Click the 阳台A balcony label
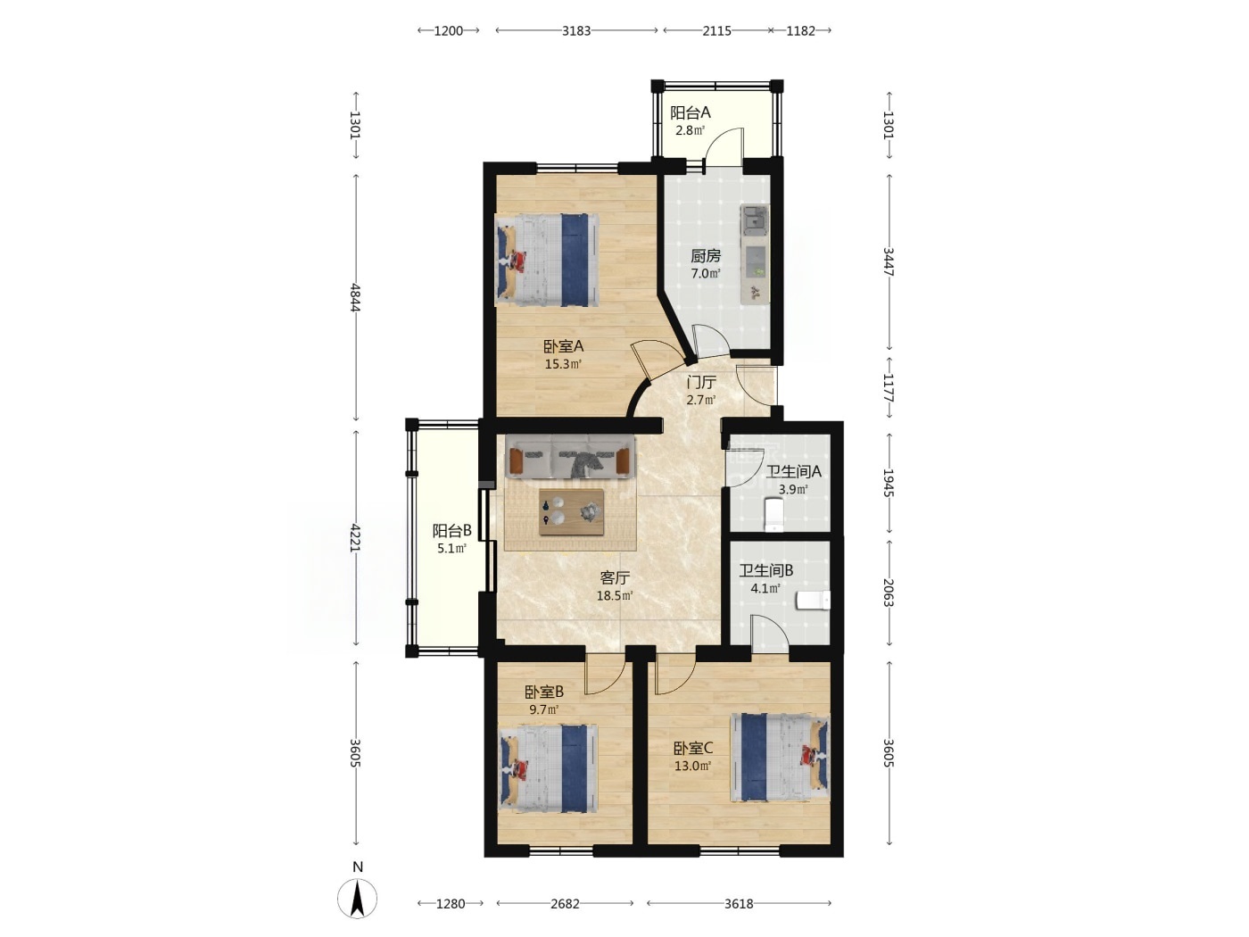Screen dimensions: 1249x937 (x=690, y=112)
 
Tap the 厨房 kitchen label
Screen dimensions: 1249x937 (x=706, y=256)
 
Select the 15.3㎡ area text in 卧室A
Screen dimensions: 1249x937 (x=563, y=364)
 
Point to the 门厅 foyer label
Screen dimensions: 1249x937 (x=701, y=382)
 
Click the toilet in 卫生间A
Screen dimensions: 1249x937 (x=773, y=514)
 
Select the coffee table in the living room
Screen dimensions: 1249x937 (x=571, y=512)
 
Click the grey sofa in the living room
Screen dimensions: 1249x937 (x=570, y=456)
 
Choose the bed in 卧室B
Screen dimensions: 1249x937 (x=548, y=768)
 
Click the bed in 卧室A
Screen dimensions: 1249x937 (x=548, y=260)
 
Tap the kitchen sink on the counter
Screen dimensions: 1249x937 (x=755, y=220)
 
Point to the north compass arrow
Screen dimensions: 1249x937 (x=358, y=899)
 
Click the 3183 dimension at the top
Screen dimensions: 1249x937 (x=576, y=30)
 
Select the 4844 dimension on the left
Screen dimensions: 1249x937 (x=355, y=297)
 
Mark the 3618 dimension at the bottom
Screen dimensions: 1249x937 (x=739, y=903)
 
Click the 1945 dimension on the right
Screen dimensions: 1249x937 (x=889, y=483)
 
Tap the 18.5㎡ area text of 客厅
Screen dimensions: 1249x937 (x=615, y=596)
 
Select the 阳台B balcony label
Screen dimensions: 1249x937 (x=451, y=531)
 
